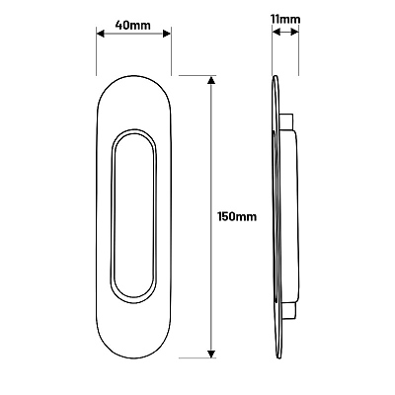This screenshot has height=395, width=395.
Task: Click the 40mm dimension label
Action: pyautogui.click(x=132, y=25)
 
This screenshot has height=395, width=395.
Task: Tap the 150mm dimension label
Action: pyautogui.click(x=237, y=216)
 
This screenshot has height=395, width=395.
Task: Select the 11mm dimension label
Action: pyautogui.click(x=285, y=20)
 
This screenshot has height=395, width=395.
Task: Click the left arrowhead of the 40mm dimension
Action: pyautogui.click(x=100, y=34)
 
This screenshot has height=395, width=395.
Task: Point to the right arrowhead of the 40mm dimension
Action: pyautogui.click(x=167, y=34)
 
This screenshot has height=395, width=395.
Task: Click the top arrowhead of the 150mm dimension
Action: pyautogui.click(x=211, y=80)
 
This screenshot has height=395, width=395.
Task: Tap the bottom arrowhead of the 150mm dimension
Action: pyautogui.click(x=211, y=354)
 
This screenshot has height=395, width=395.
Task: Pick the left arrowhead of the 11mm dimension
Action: pyautogui.click(x=276, y=33)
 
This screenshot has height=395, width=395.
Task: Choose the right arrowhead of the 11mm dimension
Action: pyautogui.click(x=295, y=33)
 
